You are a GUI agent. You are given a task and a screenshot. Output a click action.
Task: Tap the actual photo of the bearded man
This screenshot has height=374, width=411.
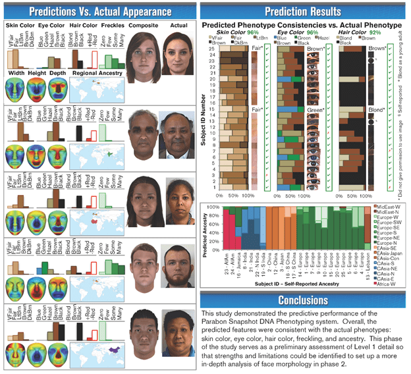point(176,267)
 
